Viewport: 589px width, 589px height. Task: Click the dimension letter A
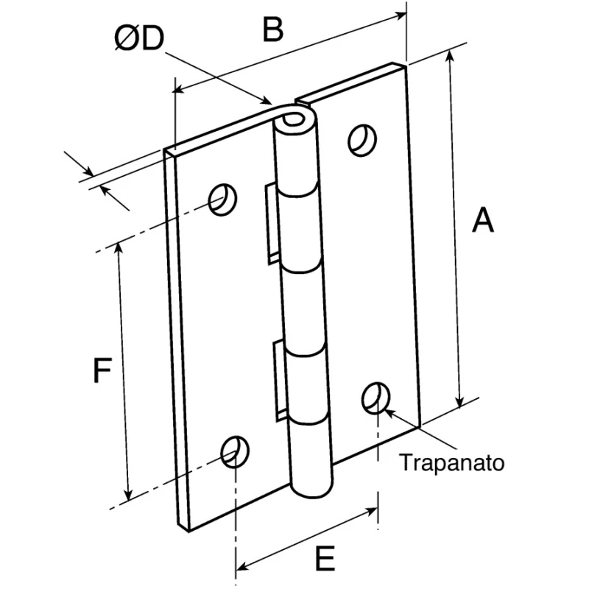click(x=483, y=219)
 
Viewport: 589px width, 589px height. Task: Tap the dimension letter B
click(x=272, y=29)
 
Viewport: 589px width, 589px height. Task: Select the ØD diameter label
click(x=139, y=38)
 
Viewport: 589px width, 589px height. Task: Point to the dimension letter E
click(x=325, y=558)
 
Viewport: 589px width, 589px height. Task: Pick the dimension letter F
click(x=102, y=370)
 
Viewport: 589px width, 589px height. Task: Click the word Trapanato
click(x=451, y=462)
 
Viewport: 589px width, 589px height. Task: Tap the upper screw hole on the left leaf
click(x=222, y=200)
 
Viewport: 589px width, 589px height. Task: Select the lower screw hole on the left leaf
click(x=235, y=451)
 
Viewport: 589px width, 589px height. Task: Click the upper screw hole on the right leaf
click(x=362, y=140)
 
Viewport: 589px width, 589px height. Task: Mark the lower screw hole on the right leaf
click(x=375, y=398)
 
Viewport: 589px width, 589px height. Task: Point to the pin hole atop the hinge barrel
click(x=294, y=120)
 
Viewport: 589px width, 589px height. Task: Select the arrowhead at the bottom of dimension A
click(x=459, y=401)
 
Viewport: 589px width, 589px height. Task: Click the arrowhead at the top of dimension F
click(x=119, y=250)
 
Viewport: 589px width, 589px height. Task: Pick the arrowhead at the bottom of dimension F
click(x=128, y=493)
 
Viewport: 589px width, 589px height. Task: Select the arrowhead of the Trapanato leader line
click(x=389, y=413)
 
